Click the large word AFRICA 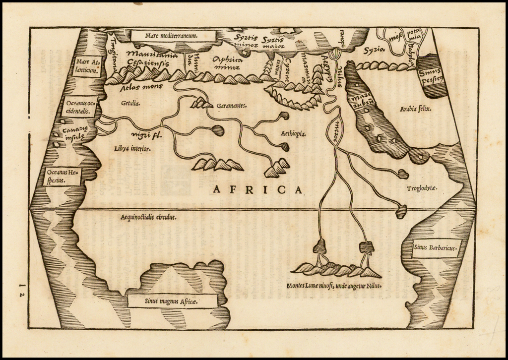[257, 189]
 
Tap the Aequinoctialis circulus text [149, 217]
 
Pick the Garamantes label [232, 106]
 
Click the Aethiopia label [293, 134]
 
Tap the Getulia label [130, 104]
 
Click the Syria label [374, 50]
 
